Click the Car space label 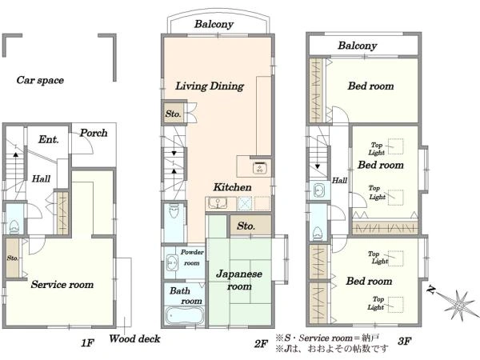40,80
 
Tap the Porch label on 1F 94,133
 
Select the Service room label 62,284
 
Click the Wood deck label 134,338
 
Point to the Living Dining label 210,86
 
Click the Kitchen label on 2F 232,187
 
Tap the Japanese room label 239,280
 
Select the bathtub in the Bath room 184,316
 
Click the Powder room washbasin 172,262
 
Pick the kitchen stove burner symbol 260,167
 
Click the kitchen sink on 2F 218,202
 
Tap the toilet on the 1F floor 14,227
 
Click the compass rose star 458,305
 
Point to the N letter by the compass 431,290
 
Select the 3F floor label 404,341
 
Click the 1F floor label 87,343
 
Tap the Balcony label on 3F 358,46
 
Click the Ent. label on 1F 48,139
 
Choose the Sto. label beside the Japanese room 246,226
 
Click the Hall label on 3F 339,180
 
